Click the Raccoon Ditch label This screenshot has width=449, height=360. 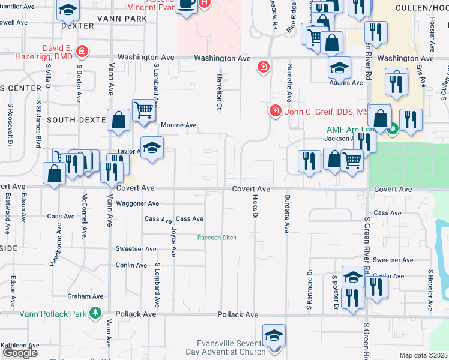click(x=217, y=238)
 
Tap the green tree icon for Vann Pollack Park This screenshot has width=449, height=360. click(x=95, y=313)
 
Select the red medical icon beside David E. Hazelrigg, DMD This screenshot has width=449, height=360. click(x=82, y=52)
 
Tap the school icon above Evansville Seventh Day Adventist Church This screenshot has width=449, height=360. click(x=274, y=335)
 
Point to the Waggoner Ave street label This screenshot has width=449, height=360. click(x=137, y=203)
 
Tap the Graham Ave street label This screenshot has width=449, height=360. click(x=86, y=296)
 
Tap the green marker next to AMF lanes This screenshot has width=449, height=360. click(x=393, y=128)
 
